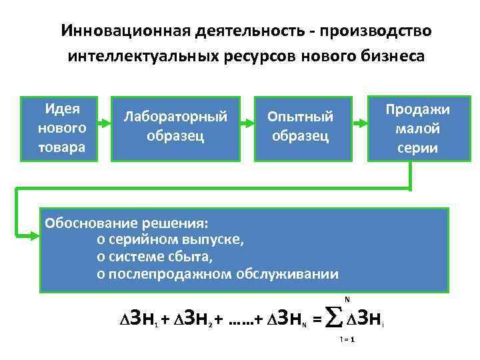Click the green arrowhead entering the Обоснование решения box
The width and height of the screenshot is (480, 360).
pyautogui.click(x=34, y=234)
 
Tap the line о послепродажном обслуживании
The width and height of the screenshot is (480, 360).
pyautogui.click(x=217, y=273)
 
